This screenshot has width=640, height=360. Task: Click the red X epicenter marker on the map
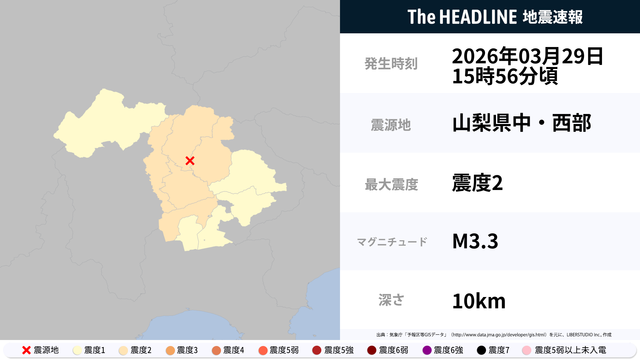(190, 160)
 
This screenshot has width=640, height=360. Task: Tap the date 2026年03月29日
(527, 54)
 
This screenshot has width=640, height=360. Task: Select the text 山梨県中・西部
(521, 124)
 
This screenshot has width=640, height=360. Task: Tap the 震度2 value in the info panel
(477, 183)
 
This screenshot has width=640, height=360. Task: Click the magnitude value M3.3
(475, 242)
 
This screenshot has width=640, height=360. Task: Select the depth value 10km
(478, 301)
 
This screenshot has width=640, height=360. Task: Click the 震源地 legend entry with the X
(40, 350)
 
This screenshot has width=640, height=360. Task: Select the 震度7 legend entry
(492, 350)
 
